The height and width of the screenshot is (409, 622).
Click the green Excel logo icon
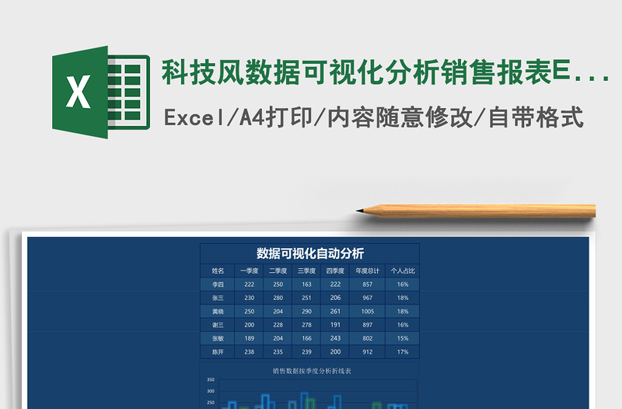coord(100,92)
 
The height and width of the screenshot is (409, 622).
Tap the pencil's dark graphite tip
coord(361,210)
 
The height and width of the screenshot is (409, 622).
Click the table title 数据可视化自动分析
coord(310,253)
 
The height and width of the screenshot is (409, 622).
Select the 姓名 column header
coord(218,271)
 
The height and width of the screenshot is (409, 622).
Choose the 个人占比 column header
coord(403,271)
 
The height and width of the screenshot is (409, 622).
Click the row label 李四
coord(218,285)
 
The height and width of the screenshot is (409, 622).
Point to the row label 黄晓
coord(218,311)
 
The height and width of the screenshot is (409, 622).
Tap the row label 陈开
coord(218,351)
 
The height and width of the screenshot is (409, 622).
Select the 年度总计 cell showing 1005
coord(368,311)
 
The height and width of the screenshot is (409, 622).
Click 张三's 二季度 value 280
coord(278,298)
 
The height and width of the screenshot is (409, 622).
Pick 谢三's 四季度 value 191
coord(335,324)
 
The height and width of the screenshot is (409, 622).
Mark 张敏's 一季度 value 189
coord(249,338)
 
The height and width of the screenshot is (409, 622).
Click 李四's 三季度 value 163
coord(306,285)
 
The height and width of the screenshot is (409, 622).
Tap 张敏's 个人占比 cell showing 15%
coord(403,338)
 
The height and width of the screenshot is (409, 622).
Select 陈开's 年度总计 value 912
coord(368,351)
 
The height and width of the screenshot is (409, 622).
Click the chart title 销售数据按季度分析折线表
coord(312,371)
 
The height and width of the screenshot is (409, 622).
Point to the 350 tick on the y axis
coord(211,379)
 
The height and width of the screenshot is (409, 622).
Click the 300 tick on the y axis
coord(211,391)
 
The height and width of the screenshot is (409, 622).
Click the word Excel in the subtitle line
coord(190,118)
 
